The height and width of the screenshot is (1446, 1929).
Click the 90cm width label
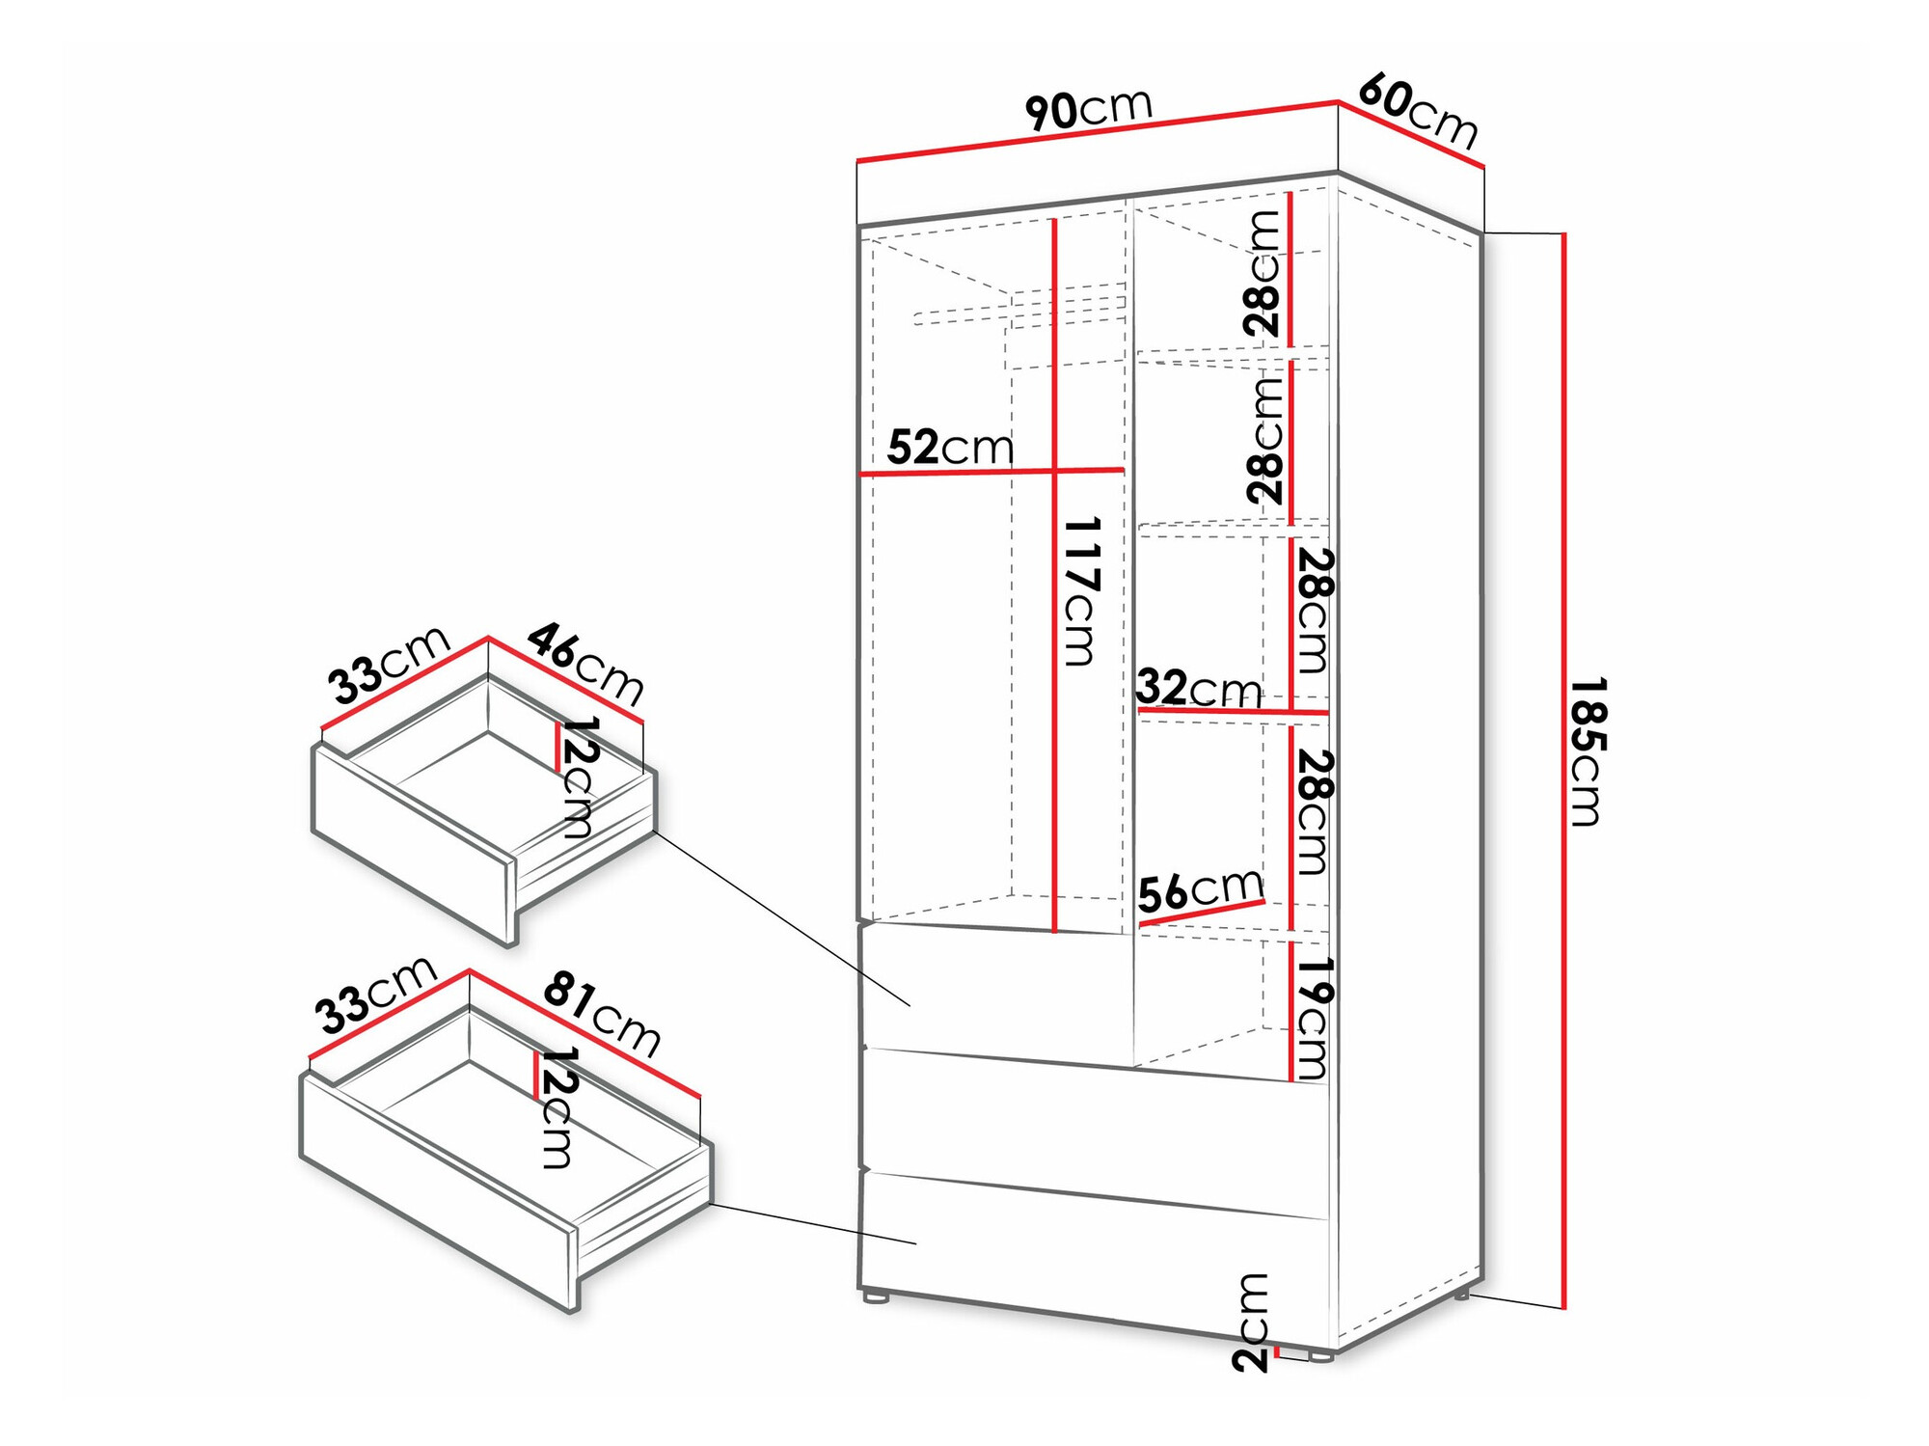point(1088,108)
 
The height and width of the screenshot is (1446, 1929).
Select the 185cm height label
point(1587,751)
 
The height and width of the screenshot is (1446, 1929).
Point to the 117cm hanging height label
point(1081,591)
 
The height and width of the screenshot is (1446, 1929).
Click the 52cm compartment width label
point(950,448)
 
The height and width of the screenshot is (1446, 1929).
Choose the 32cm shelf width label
point(1199,689)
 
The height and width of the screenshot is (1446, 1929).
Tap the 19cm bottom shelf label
point(1313,1018)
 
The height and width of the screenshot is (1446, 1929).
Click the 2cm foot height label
point(1250,1322)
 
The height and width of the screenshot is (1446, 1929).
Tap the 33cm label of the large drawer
point(376,995)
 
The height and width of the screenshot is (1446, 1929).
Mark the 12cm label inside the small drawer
point(579,777)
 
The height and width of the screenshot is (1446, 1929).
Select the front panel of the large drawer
point(439,1190)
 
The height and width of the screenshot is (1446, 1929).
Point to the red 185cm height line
point(1563,771)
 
